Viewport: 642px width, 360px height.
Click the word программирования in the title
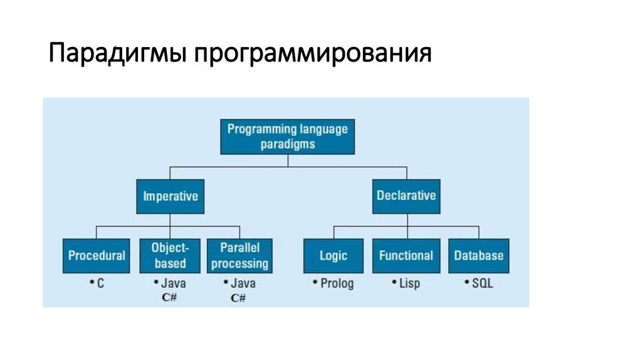click(x=312, y=54)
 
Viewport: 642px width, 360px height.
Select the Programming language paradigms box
click(x=287, y=136)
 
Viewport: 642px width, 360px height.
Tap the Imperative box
click(x=171, y=196)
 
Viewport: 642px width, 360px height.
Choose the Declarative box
click(x=406, y=196)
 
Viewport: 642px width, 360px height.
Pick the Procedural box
click(x=97, y=256)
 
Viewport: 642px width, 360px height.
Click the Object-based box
click(x=171, y=255)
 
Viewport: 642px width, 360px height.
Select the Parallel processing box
click(x=239, y=255)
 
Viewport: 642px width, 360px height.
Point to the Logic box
click(x=333, y=256)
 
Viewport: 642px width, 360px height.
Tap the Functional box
click(x=406, y=256)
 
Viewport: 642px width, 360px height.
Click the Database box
click(x=478, y=256)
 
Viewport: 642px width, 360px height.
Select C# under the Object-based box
click(x=169, y=297)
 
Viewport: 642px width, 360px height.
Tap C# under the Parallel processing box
click(x=238, y=298)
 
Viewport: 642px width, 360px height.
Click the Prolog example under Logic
click(x=336, y=283)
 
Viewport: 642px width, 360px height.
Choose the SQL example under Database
click(x=481, y=283)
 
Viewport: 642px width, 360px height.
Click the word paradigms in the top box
click(x=287, y=144)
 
